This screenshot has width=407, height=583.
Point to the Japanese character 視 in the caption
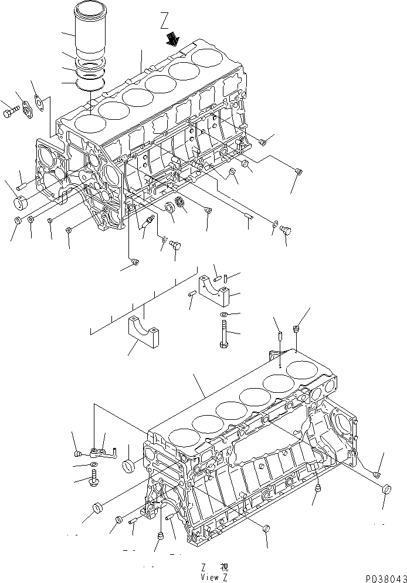(224, 567)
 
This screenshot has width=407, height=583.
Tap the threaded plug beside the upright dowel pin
(297, 330)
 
